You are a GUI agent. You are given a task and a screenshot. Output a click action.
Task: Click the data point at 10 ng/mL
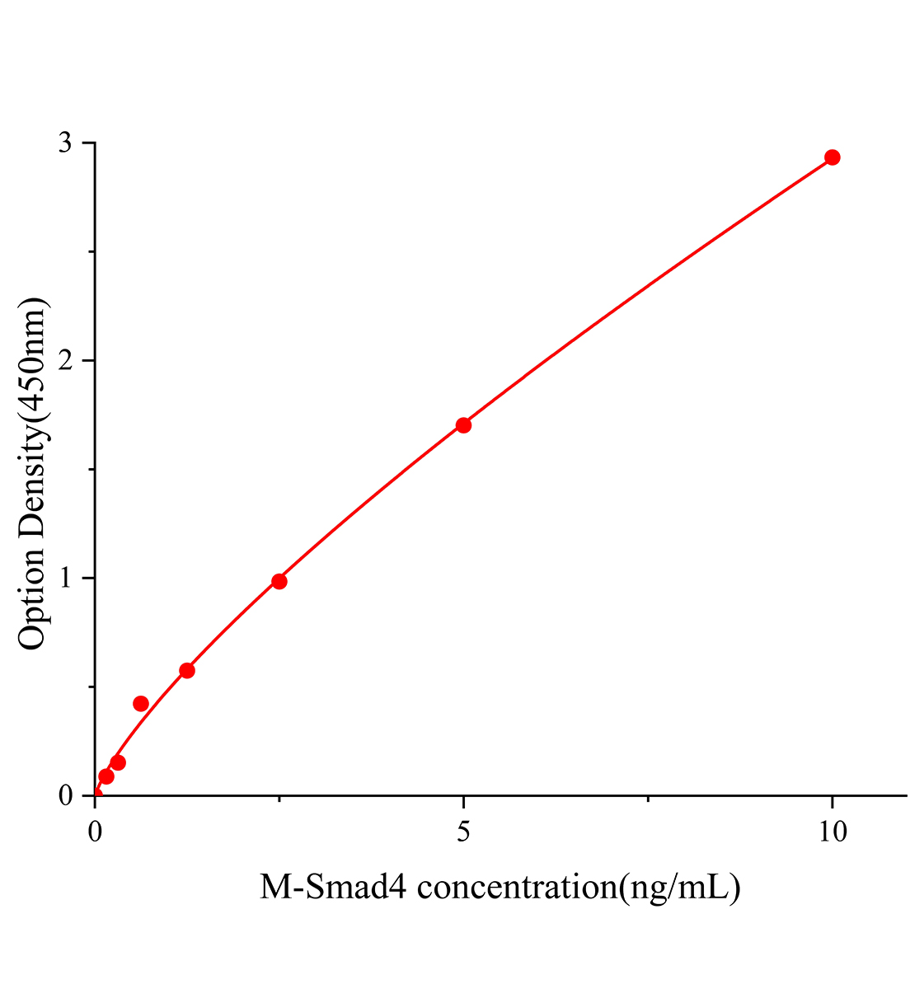[832, 157]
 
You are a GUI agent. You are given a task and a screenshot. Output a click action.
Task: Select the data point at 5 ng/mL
[463, 425]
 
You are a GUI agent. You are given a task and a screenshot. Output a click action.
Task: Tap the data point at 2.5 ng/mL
[279, 581]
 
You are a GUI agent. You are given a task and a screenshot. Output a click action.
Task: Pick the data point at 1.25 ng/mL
[187, 670]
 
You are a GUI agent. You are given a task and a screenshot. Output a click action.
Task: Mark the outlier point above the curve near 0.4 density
[141, 703]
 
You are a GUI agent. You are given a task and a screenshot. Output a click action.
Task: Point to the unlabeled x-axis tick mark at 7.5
[649, 799]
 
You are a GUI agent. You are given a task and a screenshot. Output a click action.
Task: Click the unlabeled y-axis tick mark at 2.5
[92, 252]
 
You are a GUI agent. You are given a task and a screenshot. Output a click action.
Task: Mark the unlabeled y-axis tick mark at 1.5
[92, 470]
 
